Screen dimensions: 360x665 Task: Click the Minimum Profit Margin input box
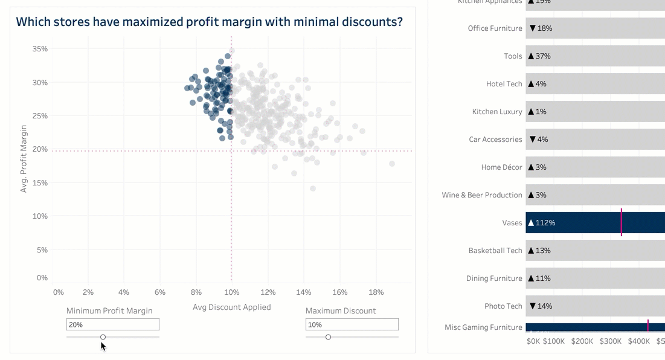pyautogui.click(x=112, y=325)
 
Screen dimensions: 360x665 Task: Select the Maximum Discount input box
pyautogui.click(x=352, y=325)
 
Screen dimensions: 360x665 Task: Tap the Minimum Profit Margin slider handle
pyautogui.click(x=103, y=337)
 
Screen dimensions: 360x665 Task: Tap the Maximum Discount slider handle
pyautogui.click(x=328, y=337)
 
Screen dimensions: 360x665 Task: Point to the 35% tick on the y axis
pyautogui.click(x=40, y=49)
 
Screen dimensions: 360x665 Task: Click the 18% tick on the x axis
pyautogui.click(x=376, y=292)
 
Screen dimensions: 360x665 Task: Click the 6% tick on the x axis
pyautogui.click(x=159, y=292)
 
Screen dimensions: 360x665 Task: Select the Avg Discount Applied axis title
pyautogui.click(x=231, y=307)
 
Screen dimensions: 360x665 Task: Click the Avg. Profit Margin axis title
pyautogui.click(x=24, y=159)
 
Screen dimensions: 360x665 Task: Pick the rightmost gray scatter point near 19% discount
pyautogui.click(x=392, y=164)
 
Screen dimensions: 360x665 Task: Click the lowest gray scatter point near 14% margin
pyautogui.click(x=313, y=189)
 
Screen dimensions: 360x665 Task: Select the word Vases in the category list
pyautogui.click(x=512, y=223)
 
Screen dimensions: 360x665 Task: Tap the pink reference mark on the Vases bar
pyautogui.click(x=621, y=223)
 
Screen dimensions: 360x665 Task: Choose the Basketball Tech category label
pyautogui.click(x=495, y=251)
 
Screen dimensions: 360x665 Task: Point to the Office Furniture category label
pyautogui.click(x=495, y=28)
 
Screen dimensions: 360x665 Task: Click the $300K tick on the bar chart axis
pyautogui.click(x=610, y=341)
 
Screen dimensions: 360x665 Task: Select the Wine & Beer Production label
pyautogui.click(x=481, y=195)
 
